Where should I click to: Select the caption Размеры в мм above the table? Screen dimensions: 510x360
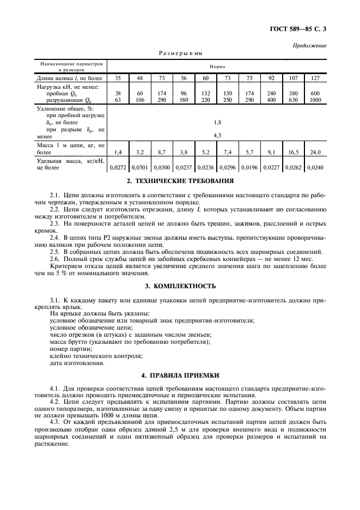pos(180,54)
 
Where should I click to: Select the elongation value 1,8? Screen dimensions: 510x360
pos(217,123)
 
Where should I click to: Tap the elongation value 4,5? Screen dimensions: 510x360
pos(217,135)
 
